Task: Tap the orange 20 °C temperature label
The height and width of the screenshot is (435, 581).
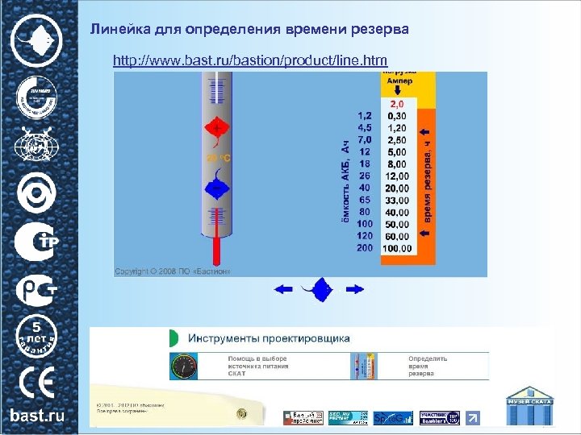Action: [x=219, y=159]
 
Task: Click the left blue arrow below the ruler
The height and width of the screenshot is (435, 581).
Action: [x=285, y=288]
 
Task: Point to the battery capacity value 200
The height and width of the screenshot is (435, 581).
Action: [x=365, y=247]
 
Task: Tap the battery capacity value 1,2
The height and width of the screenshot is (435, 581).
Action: [x=365, y=115]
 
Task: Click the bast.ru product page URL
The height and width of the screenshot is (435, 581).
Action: [x=250, y=60]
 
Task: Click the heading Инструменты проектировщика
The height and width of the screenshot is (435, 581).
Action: [x=269, y=338]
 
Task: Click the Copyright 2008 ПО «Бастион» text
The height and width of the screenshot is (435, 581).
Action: [x=173, y=271]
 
